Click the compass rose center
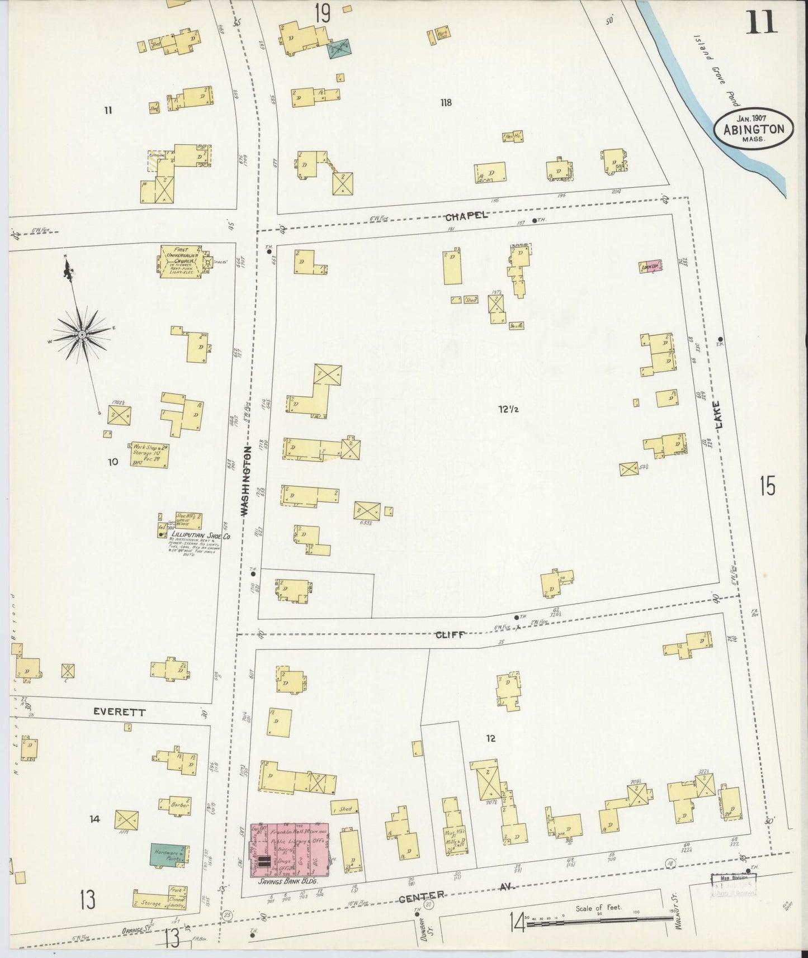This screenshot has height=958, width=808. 82,334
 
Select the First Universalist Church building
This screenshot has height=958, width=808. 182,260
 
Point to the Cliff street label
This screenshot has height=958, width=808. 450,634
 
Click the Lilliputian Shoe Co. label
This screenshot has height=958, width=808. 193,534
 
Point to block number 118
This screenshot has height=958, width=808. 446,102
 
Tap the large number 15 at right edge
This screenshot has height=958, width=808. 767,486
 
